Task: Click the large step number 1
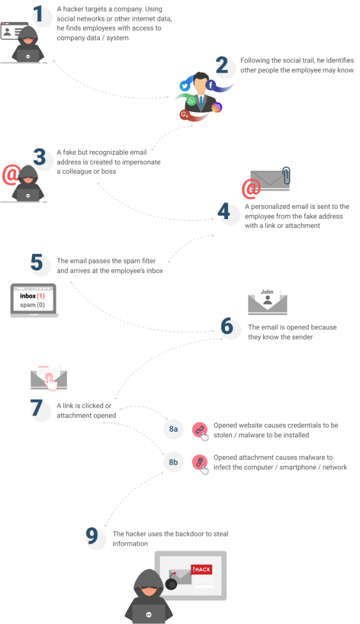click(x=40, y=15)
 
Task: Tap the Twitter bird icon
click(x=185, y=86)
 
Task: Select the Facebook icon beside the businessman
click(x=211, y=85)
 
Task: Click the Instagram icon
click(x=217, y=107)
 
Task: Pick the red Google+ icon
click(x=185, y=115)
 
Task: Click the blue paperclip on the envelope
click(x=286, y=176)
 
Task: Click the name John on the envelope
click(x=267, y=292)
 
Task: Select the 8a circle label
click(x=173, y=430)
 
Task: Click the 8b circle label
click(x=173, y=463)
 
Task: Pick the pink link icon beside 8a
click(x=199, y=428)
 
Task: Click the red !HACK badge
click(x=201, y=570)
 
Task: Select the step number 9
click(x=92, y=536)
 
